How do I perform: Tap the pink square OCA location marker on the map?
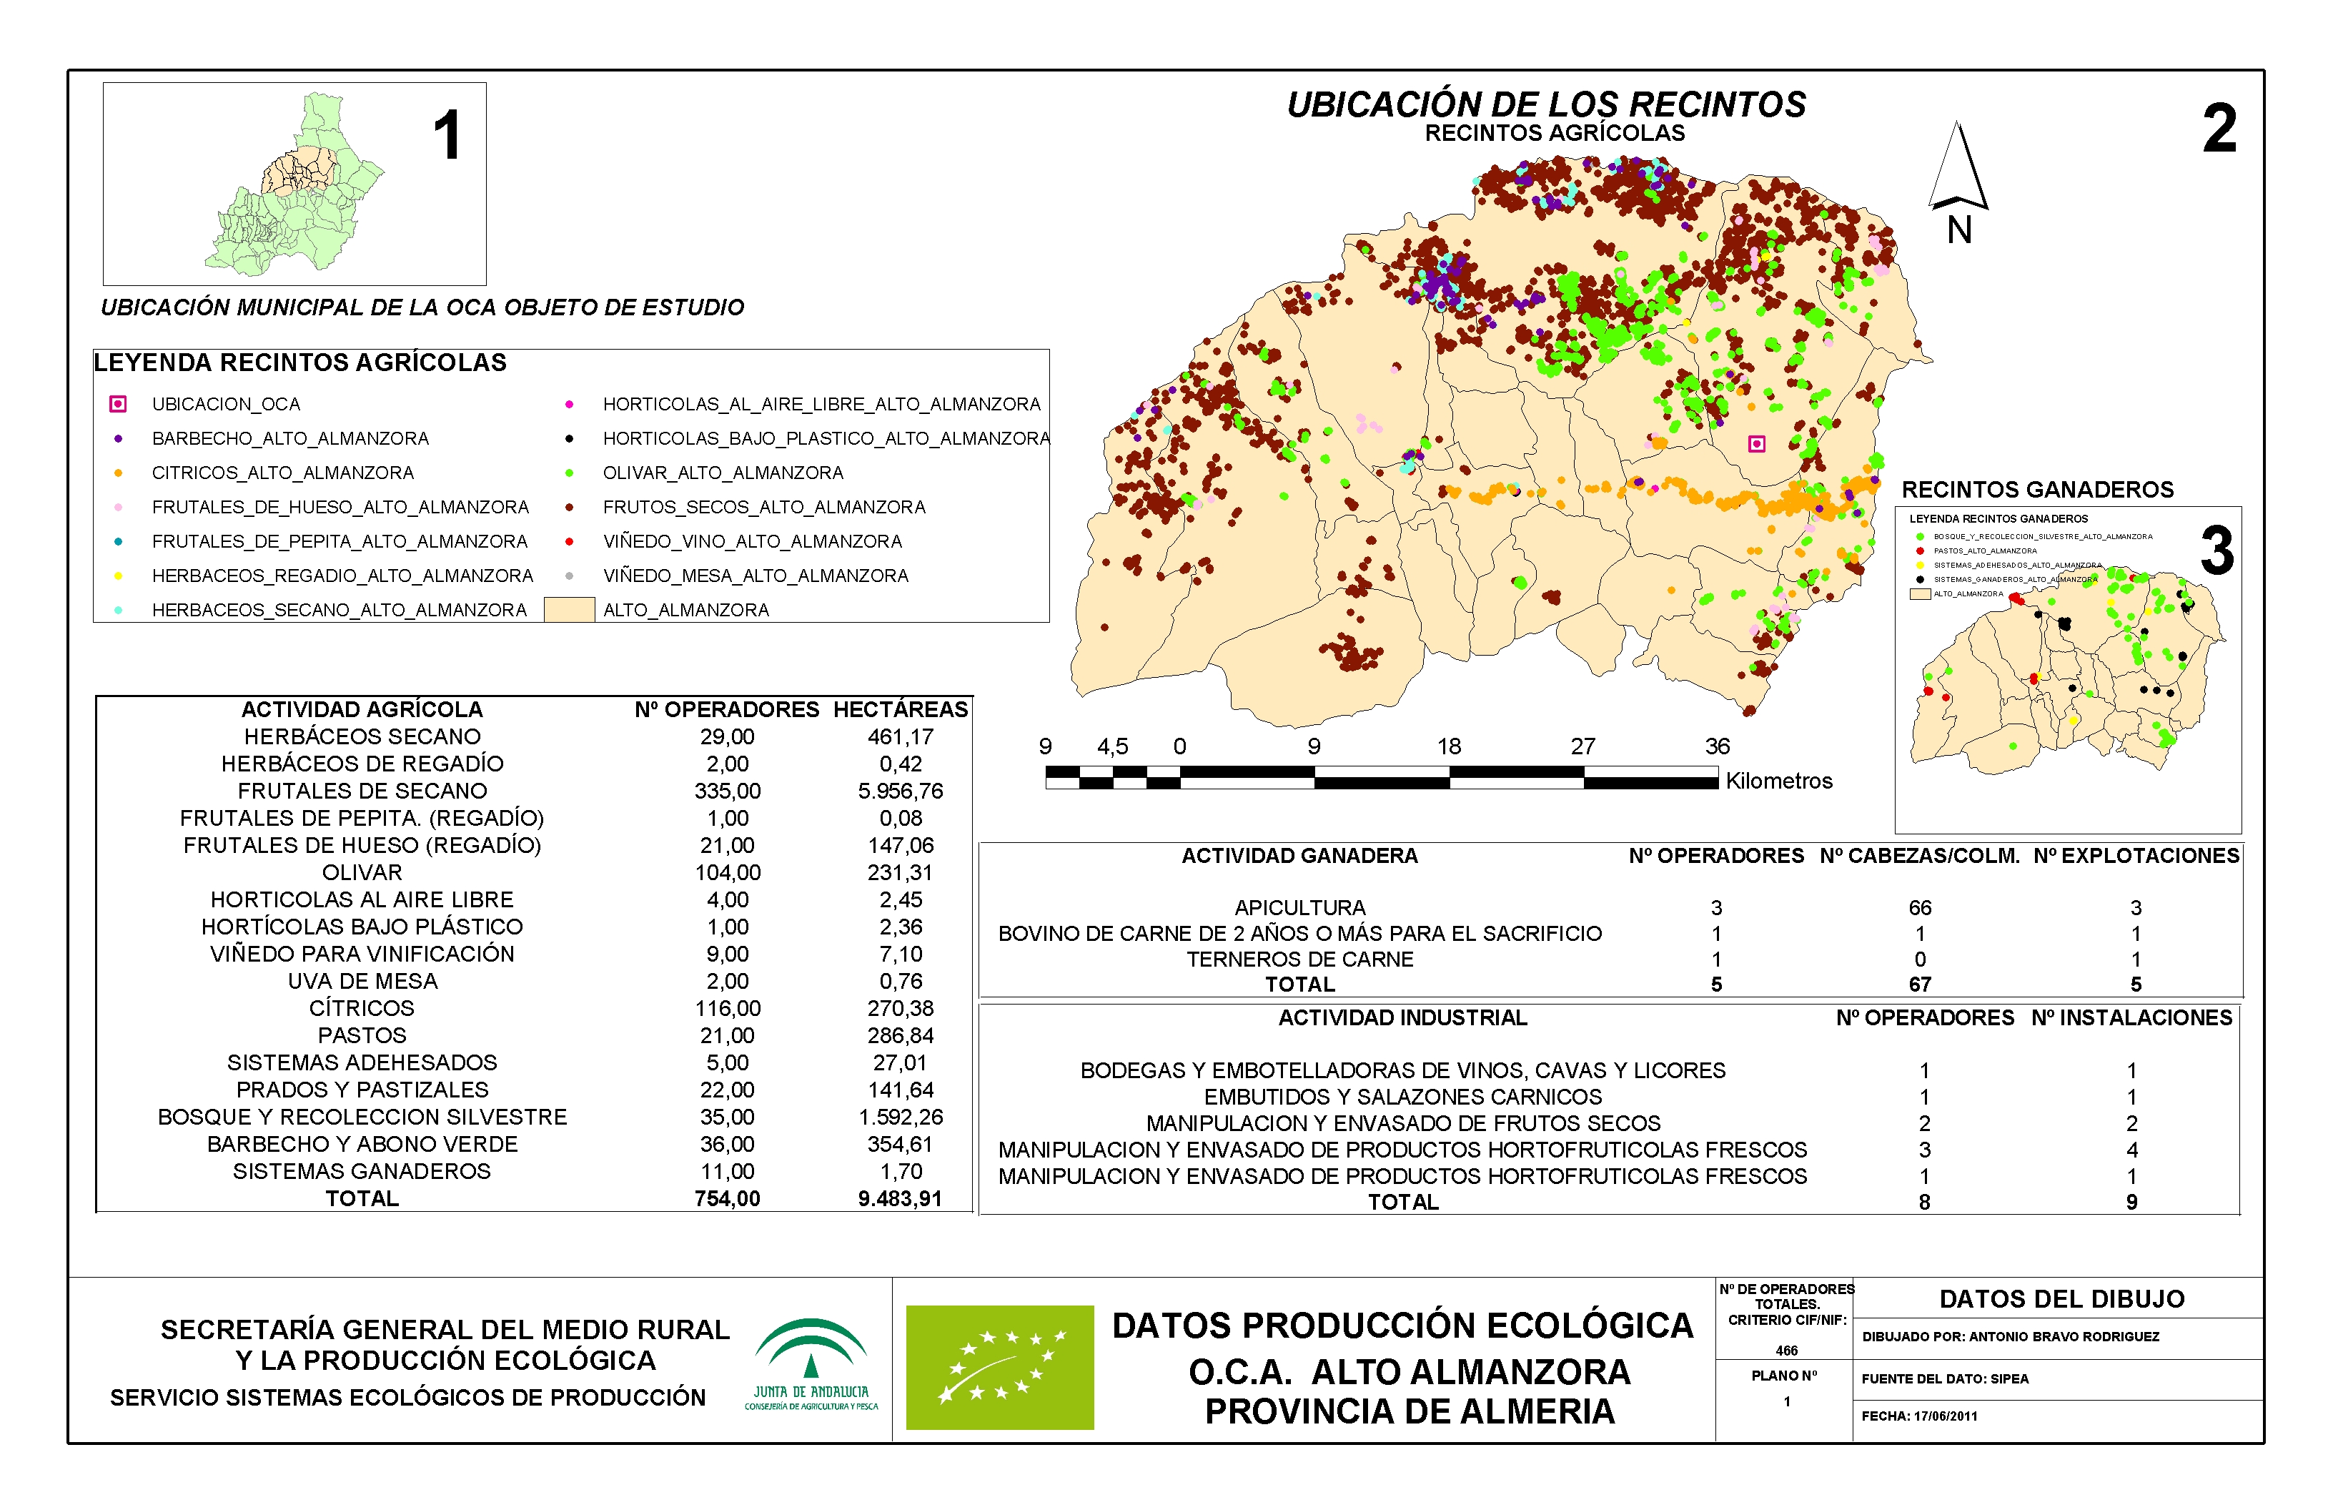pos(1757,444)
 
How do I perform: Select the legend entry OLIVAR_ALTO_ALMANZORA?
pos(723,473)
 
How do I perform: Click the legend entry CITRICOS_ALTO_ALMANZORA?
pos(282,473)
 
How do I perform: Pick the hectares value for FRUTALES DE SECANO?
pos(900,791)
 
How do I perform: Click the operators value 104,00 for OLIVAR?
pos(728,873)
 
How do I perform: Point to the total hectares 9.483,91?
pos(900,1198)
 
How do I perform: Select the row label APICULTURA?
pos(1300,908)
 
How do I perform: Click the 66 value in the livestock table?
pos(1919,908)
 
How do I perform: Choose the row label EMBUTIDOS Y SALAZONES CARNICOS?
pos(1403,1097)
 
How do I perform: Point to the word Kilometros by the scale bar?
pos(1778,781)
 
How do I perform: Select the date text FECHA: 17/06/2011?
pos(1918,1416)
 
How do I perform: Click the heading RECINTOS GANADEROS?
pos(2037,490)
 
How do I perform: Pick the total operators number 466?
pos(1786,1350)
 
